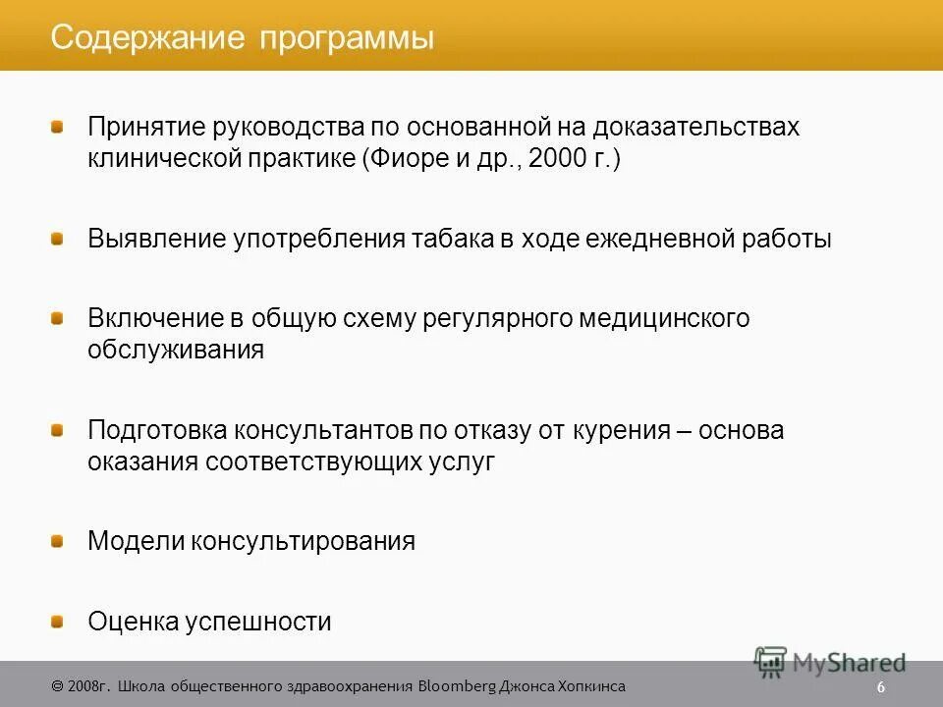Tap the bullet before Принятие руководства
click(x=58, y=127)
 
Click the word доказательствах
click(x=700, y=128)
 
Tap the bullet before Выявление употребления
click(x=58, y=239)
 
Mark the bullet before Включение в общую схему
click(x=58, y=318)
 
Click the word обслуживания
click(x=176, y=351)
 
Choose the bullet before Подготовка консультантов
click(x=58, y=430)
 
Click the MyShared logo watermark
click(x=830, y=661)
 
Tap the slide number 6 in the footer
click(x=881, y=686)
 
